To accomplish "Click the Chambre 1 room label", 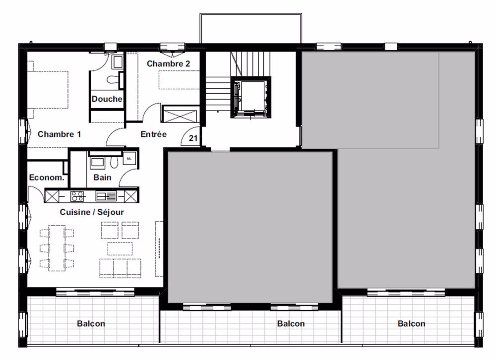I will tap(59, 134).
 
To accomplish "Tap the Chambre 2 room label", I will tap(168, 64).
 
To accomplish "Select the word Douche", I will tap(107, 99).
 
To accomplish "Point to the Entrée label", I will tap(153, 134).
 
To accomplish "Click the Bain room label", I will tap(103, 177).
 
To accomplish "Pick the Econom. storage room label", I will tap(47, 177).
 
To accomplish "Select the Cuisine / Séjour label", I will tap(92, 212).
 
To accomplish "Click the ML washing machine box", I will tap(129, 158).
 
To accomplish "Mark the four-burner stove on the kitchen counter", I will tap(77, 196).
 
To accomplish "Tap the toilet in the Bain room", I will tap(115, 163).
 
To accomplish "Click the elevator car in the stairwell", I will tap(250, 97).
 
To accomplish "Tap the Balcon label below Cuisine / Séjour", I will tap(91, 324).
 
